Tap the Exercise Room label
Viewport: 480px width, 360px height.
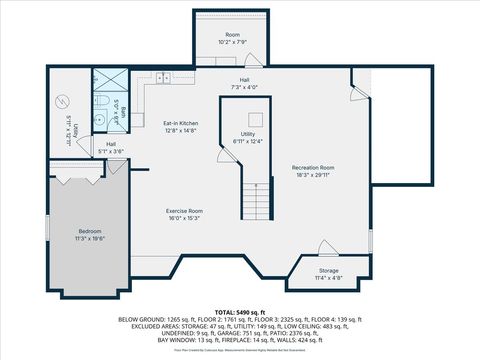(x=184, y=211)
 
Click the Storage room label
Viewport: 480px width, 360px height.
(x=329, y=270)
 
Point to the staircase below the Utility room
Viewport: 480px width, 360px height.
(x=258, y=202)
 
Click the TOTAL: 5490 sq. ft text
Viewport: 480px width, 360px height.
(x=239, y=313)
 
